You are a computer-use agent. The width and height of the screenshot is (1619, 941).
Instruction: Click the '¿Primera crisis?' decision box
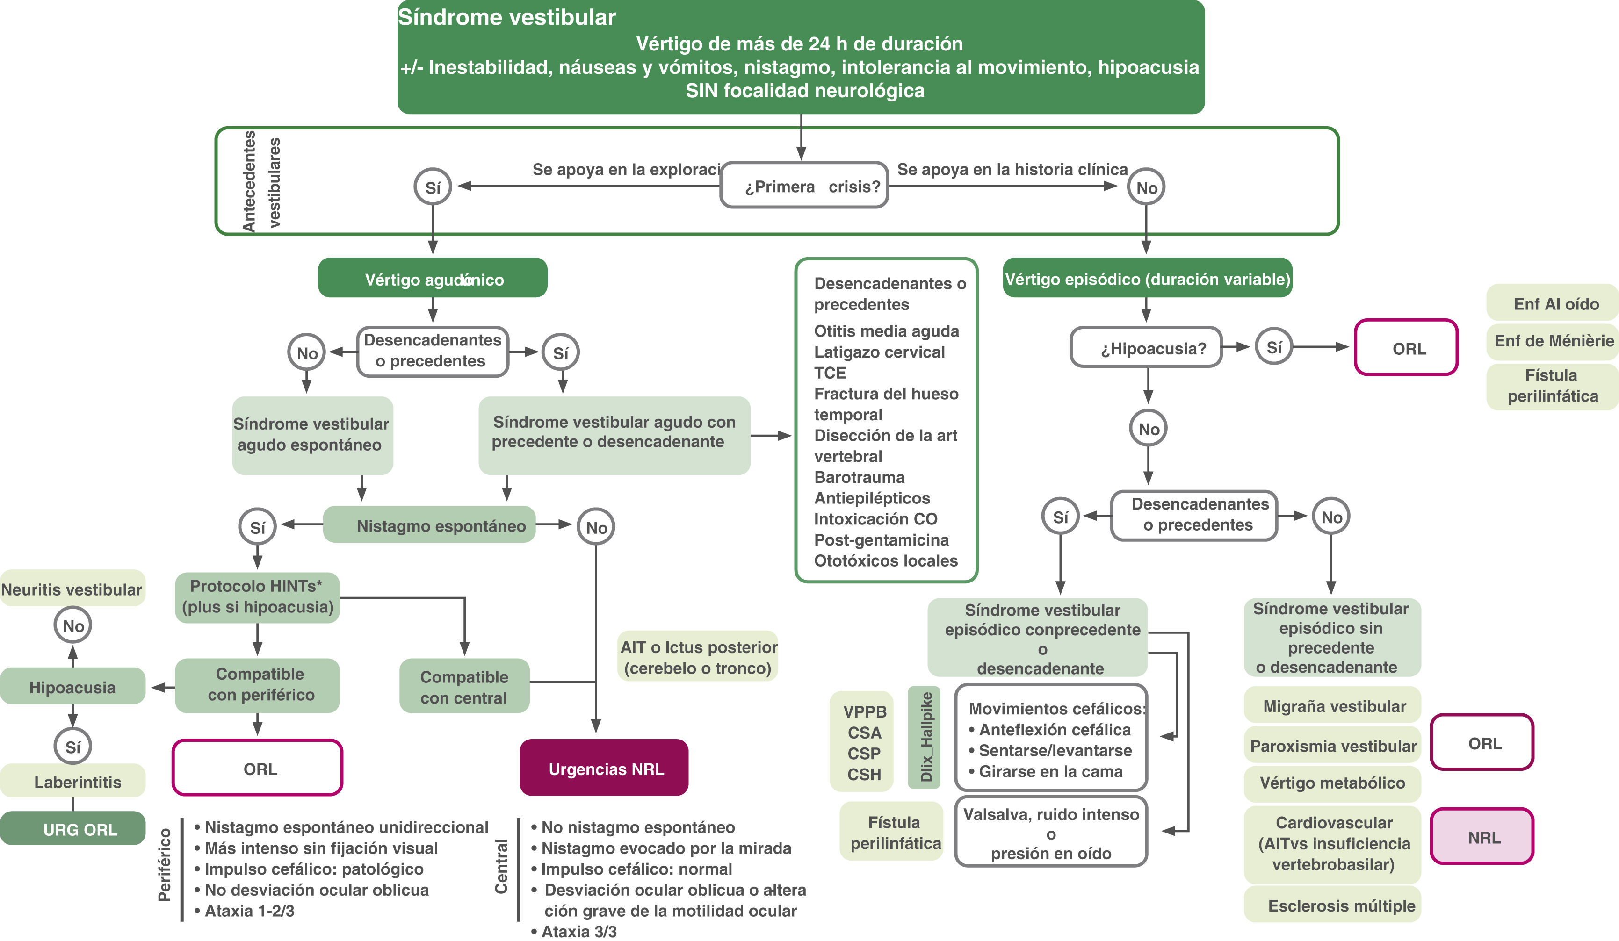click(804, 186)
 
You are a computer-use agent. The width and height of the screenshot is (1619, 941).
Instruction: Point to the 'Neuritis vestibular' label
click(72, 589)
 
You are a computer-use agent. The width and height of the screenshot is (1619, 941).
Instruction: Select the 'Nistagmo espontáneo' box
click(429, 525)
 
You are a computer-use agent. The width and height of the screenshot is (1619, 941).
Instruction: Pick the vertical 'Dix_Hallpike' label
click(924, 737)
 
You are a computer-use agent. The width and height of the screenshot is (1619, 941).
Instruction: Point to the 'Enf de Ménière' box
click(1552, 340)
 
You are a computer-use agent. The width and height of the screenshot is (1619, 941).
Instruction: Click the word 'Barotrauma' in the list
click(859, 477)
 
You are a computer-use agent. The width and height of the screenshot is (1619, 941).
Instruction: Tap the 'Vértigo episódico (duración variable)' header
click(1147, 279)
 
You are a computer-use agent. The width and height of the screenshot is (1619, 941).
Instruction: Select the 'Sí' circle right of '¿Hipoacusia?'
click(1273, 347)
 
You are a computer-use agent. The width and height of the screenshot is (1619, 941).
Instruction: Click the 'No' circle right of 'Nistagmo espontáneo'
click(596, 527)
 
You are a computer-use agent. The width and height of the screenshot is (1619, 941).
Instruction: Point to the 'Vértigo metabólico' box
click(1332, 783)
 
